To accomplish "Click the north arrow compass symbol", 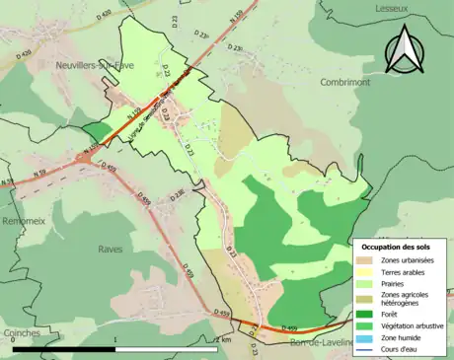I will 404,48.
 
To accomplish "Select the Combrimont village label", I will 344,83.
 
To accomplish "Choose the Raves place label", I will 111,250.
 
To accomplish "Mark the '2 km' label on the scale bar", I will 222,340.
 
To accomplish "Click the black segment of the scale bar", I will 64,349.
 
